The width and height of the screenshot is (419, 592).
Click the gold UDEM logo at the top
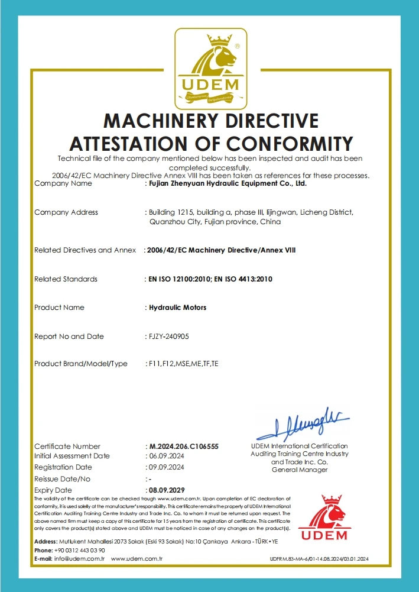coord(210,67)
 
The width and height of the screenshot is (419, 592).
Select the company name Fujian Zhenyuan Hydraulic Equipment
coord(227,183)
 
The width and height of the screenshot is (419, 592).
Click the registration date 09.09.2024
coord(166,467)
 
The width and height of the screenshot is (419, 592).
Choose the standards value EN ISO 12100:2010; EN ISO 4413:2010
coord(209,279)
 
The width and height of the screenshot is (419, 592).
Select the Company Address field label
coord(66,212)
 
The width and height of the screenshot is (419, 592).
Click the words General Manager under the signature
coord(299,470)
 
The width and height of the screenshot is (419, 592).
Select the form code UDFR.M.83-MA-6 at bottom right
coord(290,559)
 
